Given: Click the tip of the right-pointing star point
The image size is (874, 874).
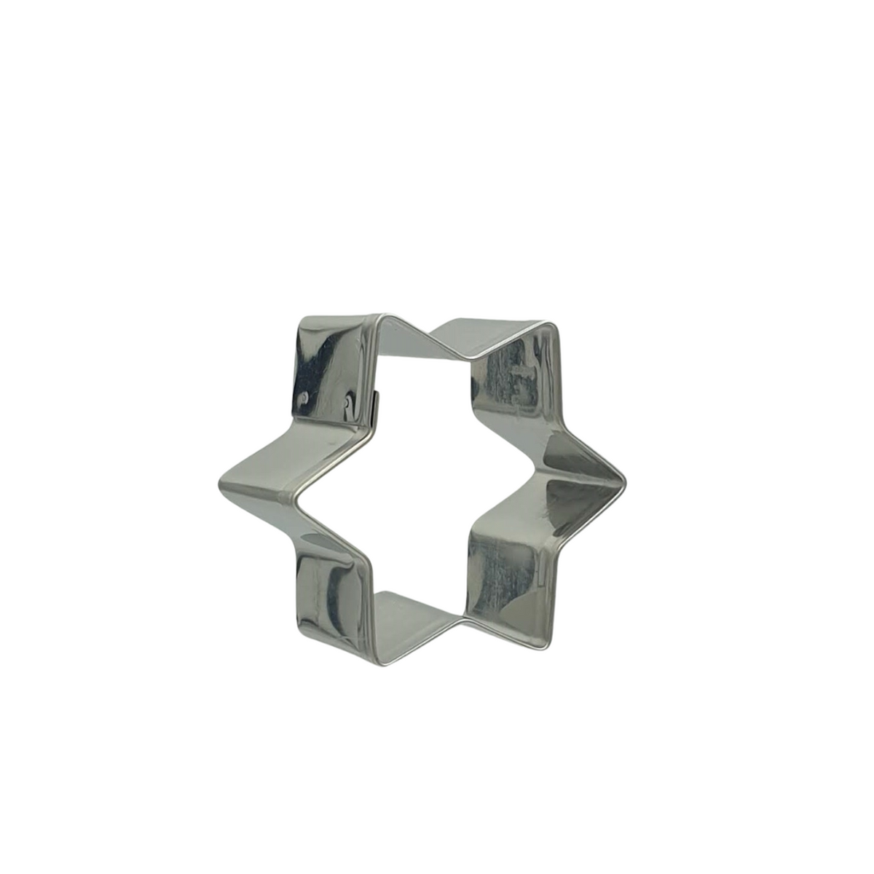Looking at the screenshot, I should point(625,482).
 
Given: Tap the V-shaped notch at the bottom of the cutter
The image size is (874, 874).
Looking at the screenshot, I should point(462,621).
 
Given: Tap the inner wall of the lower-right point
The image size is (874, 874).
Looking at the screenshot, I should point(503,575).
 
